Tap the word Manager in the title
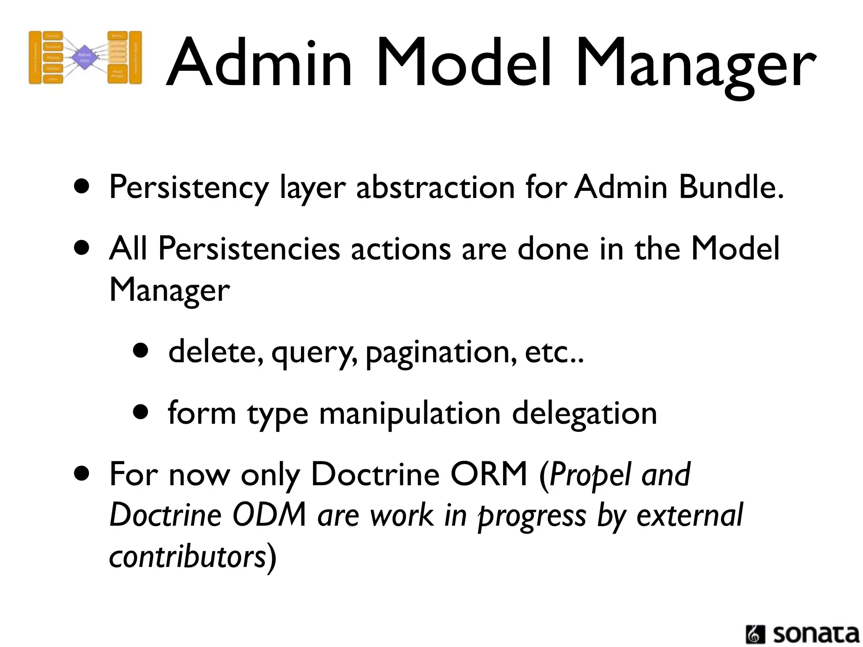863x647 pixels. tap(695, 63)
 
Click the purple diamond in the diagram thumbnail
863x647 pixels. tap(85, 57)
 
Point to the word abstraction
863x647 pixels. tap(435, 187)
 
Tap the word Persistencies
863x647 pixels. tap(249, 249)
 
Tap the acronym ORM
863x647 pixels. tap(489, 474)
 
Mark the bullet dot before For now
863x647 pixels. tap(81, 473)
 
